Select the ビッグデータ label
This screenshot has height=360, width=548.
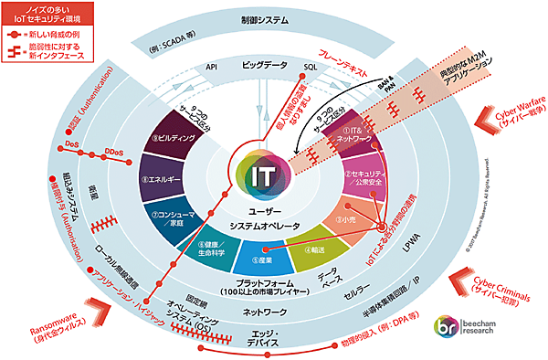[x=264, y=67]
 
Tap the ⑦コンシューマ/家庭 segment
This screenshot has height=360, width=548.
[x=177, y=217]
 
